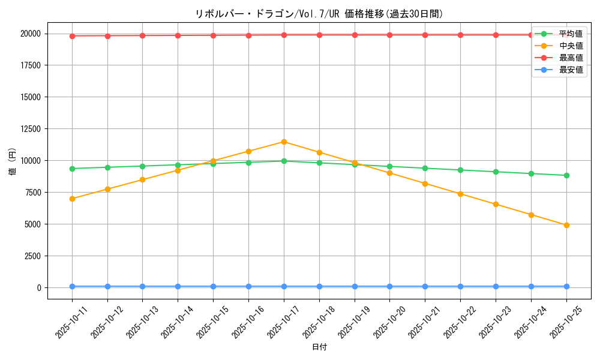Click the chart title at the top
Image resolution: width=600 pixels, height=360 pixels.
coord(319,14)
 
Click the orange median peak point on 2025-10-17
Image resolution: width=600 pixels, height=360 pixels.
coord(284,142)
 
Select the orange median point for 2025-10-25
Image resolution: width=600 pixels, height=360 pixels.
coord(566,225)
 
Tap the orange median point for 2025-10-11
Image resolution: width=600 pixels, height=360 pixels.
coord(72,199)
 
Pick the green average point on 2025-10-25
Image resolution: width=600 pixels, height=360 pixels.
coord(566,175)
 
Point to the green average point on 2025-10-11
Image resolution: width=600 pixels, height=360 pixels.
coord(72,169)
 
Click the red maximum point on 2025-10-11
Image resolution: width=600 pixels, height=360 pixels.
coord(72,36)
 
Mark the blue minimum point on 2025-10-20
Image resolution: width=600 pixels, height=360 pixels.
coord(389,286)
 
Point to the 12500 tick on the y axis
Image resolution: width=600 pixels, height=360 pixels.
coord(30,129)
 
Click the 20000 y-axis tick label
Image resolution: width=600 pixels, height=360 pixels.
coord(30,34)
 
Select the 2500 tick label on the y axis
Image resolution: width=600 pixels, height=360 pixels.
coord(32,256)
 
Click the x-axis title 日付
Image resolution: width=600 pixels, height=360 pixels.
coord(319,347)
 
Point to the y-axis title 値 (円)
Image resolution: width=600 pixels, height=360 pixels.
coord(13,161)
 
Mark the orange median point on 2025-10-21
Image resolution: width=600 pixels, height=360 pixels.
coord(425,184)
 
